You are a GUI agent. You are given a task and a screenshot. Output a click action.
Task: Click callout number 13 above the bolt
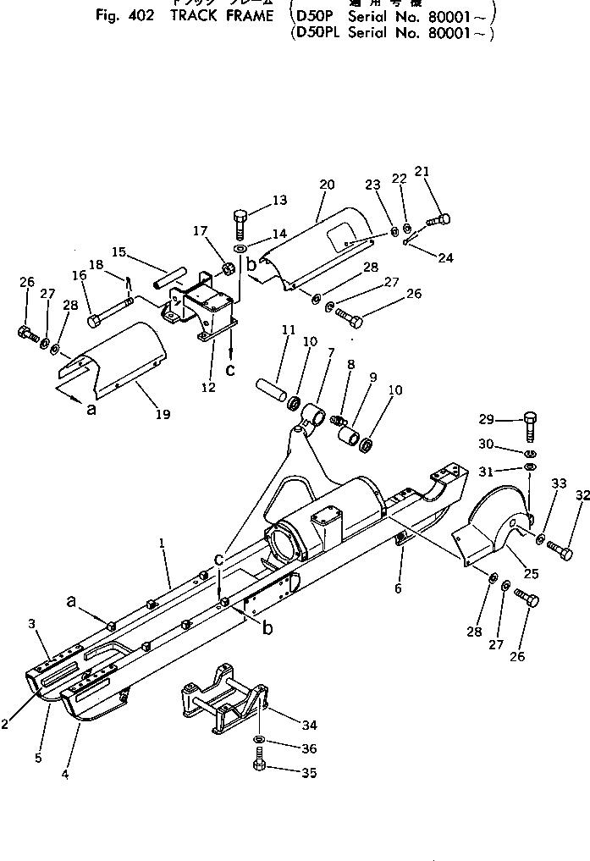pyautogui.click(x=256, y=200)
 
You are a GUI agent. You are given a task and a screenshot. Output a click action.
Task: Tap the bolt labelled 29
pyautogui.click(x=530, y=425)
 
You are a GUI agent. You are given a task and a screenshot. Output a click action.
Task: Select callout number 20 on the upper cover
pyautogui.click(x=327, y=185)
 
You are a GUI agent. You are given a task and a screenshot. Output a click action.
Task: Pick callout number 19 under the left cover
pyautogui.click(x=162, y=414)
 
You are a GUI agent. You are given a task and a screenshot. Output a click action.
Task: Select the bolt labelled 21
pyautogui.click(x=438, y=220)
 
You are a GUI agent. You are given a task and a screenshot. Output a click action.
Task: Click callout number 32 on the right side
pyautogui.click(x=582, y=495)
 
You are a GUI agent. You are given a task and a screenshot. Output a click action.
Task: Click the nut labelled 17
pyautogui.click(x=228, y=269)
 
